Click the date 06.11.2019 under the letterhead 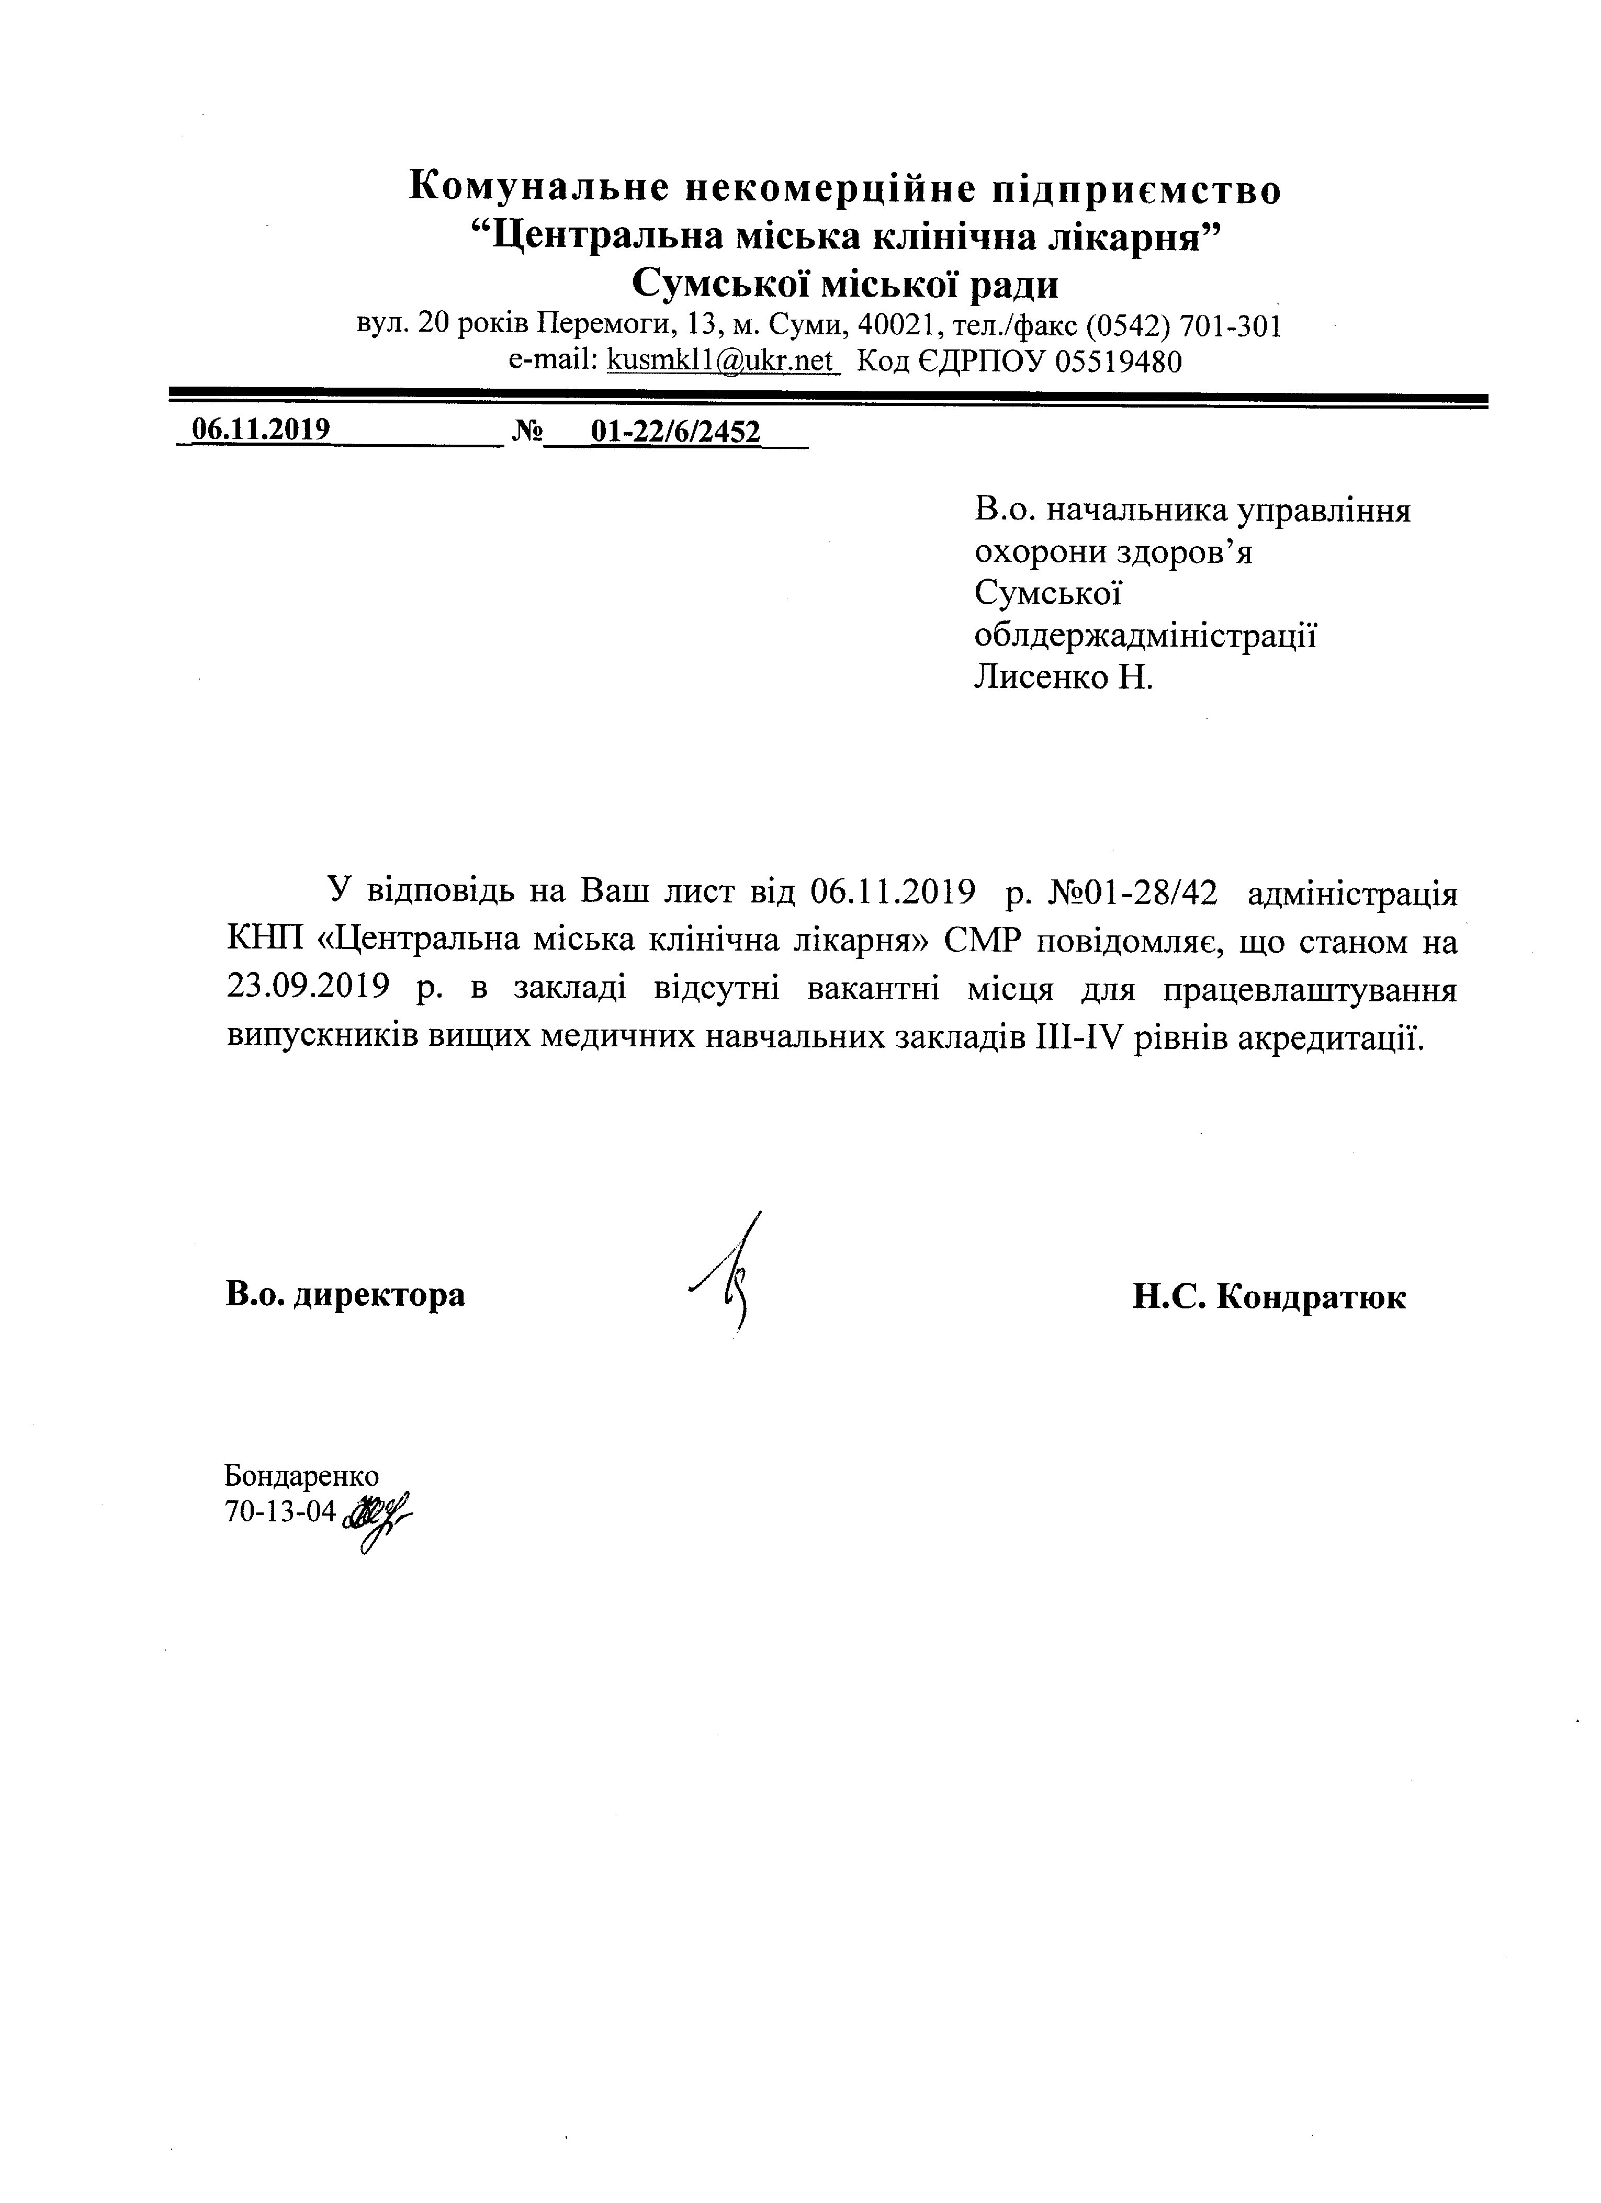pyautogui.click(x=261, y=431)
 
